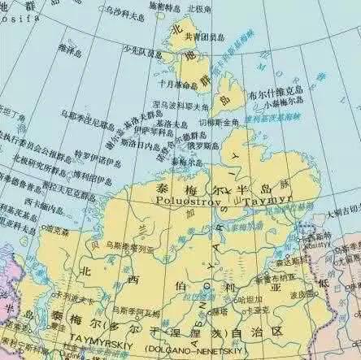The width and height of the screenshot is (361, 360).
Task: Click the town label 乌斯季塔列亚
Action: [131, 244]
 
